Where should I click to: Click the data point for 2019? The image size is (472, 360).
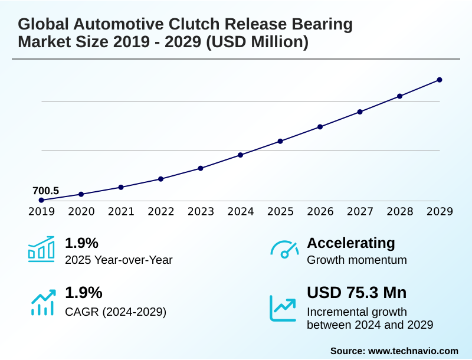click(x=41, y=200)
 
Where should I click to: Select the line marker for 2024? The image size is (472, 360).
click(x=241, y=155)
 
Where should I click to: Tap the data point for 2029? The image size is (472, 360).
click(x=440, y=80)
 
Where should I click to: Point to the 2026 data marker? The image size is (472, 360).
click(x=320, y=126)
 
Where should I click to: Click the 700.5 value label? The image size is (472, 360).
click(x=45, y=191)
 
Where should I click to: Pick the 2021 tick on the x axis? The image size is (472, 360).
click(x=121, y=211)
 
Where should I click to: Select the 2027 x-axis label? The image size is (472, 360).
click(x=360, y=211)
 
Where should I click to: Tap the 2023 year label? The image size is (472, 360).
click(x=201, y=211)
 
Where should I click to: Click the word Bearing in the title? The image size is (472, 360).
click(x=322, y=25)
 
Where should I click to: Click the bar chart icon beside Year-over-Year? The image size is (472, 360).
click(x=41, y=250)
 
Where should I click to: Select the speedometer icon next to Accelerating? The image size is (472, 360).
click(x=284, y=250)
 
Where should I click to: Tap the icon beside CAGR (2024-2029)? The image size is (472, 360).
click(x=42, y=302)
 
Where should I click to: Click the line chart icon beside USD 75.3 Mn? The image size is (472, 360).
click(x=283, y=307)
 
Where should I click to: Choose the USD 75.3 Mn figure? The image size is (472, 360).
click(x=356, y=293)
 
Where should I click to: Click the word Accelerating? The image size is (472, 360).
click(x=351, y=243)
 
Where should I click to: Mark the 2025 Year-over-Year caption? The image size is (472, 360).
click(x=119, y=260)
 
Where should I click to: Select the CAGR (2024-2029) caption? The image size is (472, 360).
click(x=116, y=311)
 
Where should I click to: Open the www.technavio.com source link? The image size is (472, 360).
click(x=413, y=351)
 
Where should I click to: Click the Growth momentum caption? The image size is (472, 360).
click(x=357, y=260)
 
